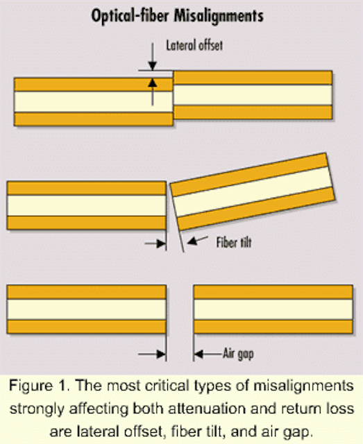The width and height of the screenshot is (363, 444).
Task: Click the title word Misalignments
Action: coord(219,17)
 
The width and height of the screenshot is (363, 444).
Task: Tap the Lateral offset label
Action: coord(194,45)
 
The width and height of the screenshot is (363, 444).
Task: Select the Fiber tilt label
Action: coord(234,243)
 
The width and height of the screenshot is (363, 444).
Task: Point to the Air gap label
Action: coord(238,354)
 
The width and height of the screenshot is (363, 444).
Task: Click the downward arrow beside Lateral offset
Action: coord(153,57)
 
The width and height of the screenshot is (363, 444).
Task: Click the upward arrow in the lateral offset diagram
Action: coord(153,92)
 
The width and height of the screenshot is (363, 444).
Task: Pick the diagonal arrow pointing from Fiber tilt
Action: coord(198,241)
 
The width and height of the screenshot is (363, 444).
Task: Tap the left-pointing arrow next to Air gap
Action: coord(208,354)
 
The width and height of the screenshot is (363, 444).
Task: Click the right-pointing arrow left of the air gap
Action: coord(151,354)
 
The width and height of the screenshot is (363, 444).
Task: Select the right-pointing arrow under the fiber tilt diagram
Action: coord(155,244)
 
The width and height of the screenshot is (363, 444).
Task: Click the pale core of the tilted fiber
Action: coord(252,191)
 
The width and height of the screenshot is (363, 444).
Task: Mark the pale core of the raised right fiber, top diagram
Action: coord(253,95)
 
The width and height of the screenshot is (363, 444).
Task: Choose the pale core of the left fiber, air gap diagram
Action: coord(87,309)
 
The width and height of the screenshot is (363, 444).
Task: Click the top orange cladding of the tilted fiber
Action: coord(249,175)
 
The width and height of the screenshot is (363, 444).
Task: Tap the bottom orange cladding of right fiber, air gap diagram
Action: coord(273,327)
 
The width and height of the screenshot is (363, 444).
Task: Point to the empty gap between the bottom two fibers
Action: coord(180,309)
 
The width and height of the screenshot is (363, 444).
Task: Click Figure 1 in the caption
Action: coord(39,386)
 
